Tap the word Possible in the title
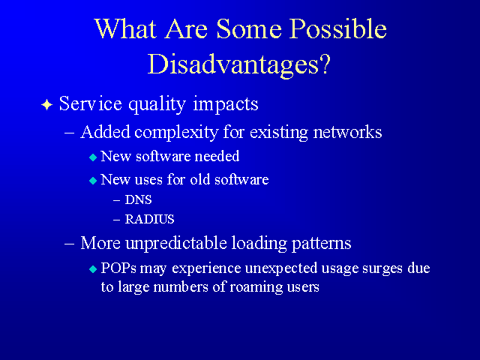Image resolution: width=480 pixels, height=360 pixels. (x=338, y=28)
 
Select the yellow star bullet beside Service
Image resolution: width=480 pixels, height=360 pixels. (x=46, y=105)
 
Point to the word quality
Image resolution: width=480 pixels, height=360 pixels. (x=157, y=105)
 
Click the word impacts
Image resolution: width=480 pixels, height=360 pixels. (x=226, y=105)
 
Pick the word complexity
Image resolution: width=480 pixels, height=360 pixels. (x=176, y=133)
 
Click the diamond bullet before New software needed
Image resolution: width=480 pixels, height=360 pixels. (x=93, y=157)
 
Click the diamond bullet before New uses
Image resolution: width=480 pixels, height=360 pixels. (x=93, y=181)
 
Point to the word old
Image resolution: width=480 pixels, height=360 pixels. (x=199, y=179)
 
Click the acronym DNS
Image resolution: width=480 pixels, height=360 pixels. (x=138, y=200)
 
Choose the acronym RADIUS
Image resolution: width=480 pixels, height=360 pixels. (x=150, y=219)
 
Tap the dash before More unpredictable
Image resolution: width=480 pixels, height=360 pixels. (x=70, y=244)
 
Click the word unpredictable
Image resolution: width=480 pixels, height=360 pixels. (x=176, y=244)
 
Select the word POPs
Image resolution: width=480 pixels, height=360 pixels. (x=118, y=268)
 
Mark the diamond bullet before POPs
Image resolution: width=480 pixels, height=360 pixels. (x=93, y=269)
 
